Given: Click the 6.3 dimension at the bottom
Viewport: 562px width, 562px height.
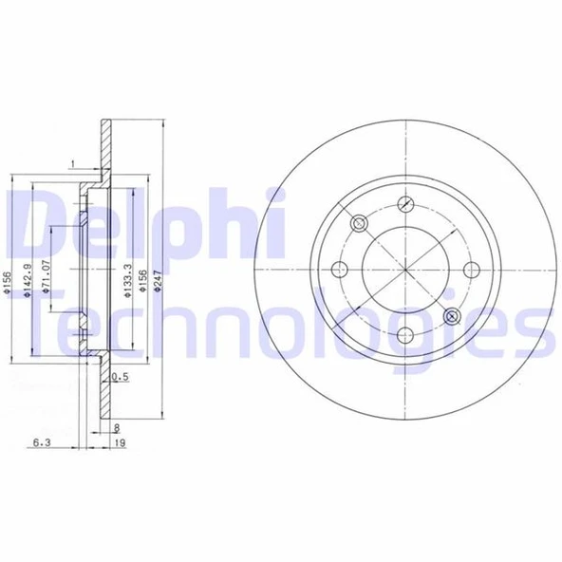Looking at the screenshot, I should tap(41, 443).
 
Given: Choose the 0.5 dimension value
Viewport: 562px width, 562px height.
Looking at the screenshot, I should tap(121, 378).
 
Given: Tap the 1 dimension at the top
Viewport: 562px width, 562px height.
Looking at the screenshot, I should tap(72, 167).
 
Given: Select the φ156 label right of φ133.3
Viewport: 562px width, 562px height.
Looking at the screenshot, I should tap(142, 278).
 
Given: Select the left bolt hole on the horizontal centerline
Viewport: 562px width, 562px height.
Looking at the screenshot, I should tap(339, 268).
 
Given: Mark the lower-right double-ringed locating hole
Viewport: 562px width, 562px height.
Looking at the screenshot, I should tap(451, 314).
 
